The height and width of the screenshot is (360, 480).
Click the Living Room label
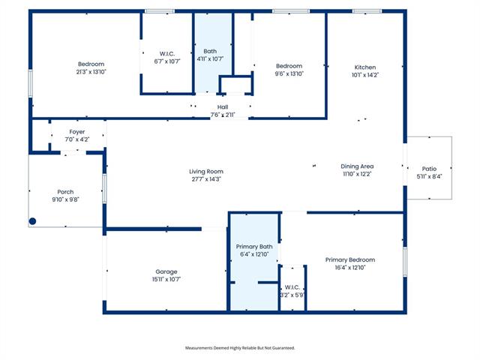pos(206,172)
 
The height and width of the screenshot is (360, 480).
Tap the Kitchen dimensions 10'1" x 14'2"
pos(365,75)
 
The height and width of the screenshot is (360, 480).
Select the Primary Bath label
pos(254,247)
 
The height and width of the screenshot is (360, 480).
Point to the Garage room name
pos(166,271)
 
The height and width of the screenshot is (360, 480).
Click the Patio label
pos(429,169)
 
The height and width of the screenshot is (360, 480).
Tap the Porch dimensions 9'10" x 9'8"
pos(65,199)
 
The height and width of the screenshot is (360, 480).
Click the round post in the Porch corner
pos(32,221)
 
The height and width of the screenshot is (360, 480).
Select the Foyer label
pos(76,132)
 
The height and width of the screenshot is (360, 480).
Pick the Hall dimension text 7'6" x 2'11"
pos(223,115)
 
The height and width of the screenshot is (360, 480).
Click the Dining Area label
pos(357,166)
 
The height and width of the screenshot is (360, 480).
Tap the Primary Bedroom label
pos(350,260)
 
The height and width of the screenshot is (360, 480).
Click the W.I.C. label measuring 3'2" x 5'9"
pos(292,287)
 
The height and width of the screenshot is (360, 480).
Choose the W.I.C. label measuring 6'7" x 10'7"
pos(167,54)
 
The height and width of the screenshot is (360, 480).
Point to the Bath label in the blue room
pos(210,51)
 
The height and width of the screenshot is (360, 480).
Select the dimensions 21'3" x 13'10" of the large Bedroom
pos(91,72)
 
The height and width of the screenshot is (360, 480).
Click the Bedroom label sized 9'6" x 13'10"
pos(289,66)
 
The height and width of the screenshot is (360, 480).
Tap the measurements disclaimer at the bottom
pos(240,348)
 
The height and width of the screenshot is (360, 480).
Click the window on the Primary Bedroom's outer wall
pos(405,262)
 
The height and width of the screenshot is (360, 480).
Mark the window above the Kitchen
pos(367,11)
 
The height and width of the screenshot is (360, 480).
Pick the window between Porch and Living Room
pos(104,188)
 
